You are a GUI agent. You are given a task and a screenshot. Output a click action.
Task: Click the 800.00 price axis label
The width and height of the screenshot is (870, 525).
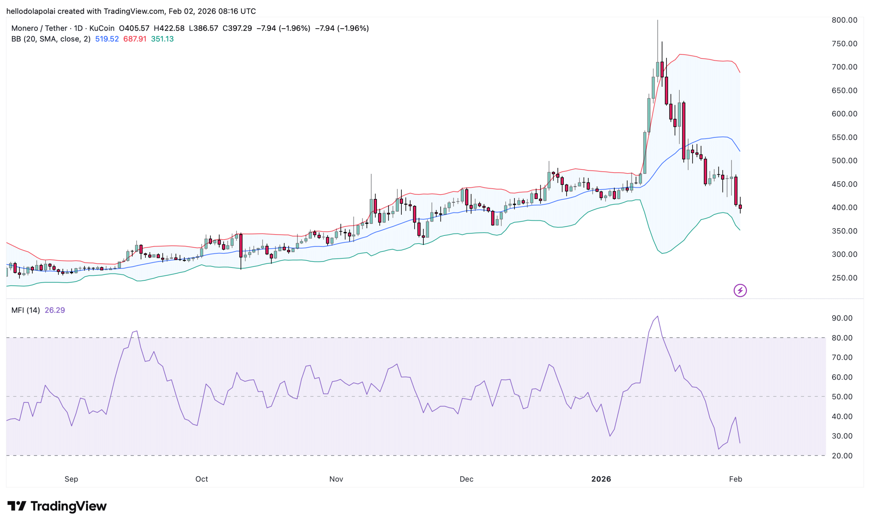pyautogui.click(x=844, y=20)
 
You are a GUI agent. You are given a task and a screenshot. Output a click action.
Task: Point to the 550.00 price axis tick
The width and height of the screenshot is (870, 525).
pyautogui.click(x=844, y=137)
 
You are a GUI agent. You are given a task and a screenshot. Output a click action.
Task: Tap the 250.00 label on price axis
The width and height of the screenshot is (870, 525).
pyautogui.click(x=844, y=278)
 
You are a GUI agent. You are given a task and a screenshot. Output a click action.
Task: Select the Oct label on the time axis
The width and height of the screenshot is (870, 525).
pyautogui.click(x=202, y=479)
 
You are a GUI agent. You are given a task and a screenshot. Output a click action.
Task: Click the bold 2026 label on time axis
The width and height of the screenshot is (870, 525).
pyautogui.click(x=601, y=479)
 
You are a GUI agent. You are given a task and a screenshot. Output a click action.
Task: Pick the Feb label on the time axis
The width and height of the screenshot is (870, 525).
pyautogui.click(x=735, y=479)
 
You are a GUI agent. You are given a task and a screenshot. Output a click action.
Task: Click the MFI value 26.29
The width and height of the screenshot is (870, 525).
pyautogui.click(x=55, y=310)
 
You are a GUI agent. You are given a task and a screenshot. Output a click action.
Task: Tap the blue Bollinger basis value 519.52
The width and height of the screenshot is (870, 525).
pyautogui.click(x=107, y=39)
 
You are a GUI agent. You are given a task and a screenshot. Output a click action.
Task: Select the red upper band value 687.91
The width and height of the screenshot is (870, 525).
pyautogui.click(x=135, y=39)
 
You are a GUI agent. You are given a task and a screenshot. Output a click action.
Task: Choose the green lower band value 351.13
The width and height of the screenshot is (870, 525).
pyautogui.click(x=162, y=39)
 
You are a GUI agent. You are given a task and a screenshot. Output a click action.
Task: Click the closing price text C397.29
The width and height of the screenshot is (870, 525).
pyautogui.click(x=237, y=28)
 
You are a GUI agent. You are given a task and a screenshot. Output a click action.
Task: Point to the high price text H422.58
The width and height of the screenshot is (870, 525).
pyautogui.click(x=169, y=28)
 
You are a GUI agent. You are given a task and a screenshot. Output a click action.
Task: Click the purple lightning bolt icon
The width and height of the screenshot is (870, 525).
pyautogui.click(x=740, y=291)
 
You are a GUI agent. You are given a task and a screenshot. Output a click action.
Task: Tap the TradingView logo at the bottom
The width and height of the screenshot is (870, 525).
pyautogui.click(x=57, y=506)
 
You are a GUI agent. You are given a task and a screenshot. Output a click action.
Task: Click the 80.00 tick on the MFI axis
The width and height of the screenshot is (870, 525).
pyautogui.click(x=842, y=338)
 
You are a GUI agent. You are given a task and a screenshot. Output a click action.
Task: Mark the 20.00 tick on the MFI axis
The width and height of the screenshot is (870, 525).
pyautogui.click(x=842, y=456)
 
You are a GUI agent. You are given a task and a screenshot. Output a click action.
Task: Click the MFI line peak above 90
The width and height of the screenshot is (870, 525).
pyautogui.click(x=658, y=316)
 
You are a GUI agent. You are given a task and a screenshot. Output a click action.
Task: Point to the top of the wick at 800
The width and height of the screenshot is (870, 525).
pyautogui.click(x=658, y=20)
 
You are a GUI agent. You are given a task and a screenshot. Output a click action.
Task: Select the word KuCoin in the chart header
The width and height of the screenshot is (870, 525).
pyautogui.click(x=102, y=28)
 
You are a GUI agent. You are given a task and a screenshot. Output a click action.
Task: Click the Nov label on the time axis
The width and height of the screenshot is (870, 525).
pyautogui.click(x=336, y=479)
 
